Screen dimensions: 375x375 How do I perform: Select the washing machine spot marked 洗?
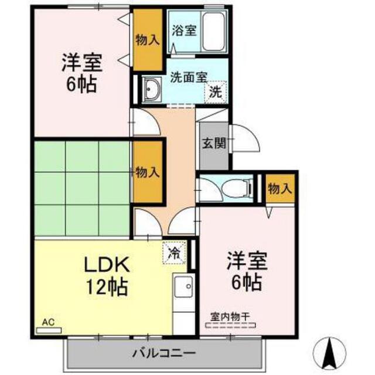pos(215,92)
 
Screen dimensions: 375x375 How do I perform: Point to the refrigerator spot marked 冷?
pos(175,253)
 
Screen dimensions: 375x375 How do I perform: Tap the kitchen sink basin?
pos(183,287)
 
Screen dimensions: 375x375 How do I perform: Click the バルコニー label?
pos(164,353)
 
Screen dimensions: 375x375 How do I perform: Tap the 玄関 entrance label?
pos(214,144)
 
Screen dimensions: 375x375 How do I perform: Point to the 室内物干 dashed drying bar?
pos(230,325)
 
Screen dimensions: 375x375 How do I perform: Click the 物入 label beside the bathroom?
pos(148,40)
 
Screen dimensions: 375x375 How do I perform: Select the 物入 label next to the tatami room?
pos(148,172)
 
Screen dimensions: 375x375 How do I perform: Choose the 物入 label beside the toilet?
pos(280,189)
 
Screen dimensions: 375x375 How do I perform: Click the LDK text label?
pos(107,264)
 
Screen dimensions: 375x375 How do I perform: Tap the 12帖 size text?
pos(107,287)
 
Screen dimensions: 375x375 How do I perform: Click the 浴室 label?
pos(184,30)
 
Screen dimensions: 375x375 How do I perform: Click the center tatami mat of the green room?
pos(82,188)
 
